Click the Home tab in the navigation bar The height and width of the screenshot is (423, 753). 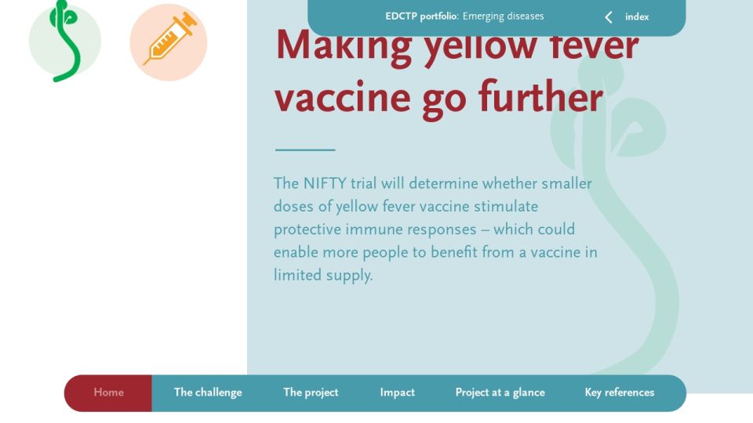pos(108,392)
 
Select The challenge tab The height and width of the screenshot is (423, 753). pos(208,392)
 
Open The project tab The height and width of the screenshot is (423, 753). pos(311,392)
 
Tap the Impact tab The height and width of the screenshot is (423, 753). pos(397,392)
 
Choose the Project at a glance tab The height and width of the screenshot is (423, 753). pos(500,392)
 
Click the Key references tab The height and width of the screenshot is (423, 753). pos(620,392)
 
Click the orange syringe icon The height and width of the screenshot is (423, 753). pos(170,39)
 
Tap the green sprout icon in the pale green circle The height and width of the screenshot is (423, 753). pos(64,41)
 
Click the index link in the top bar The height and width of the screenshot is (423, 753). pos(637,17)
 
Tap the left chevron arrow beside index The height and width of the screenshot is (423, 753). pos(609,18)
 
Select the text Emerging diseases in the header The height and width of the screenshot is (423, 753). pos(504,16)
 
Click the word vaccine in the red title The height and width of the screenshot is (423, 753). pos(343,98)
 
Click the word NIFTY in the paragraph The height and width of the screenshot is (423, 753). pos(325,183)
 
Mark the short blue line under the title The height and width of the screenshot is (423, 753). pos(305,150)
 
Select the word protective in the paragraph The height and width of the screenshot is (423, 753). pos(307,230)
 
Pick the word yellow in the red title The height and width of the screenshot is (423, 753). pos(480,46)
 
